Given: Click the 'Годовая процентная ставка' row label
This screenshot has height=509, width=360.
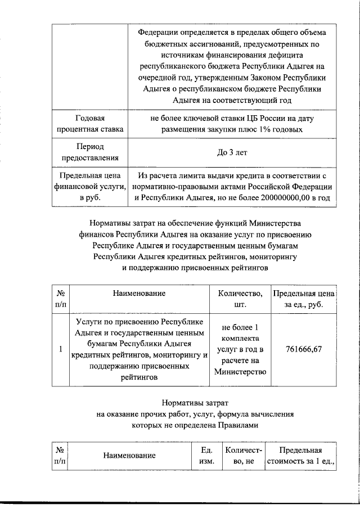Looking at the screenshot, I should [x=90, y=124].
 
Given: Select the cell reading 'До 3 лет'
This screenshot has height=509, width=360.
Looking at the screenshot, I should [x=231, y=152].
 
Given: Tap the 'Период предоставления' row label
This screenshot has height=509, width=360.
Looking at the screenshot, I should [x=90, y=152].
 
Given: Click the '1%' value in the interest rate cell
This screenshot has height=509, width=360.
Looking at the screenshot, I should [x=262, y=130].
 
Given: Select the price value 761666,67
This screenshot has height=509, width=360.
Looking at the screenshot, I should [x=304, y=349].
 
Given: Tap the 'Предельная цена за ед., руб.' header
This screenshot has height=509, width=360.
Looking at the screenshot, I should [x=304, y=299].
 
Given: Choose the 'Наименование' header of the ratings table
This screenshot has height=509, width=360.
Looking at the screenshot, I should [x=139, y=293].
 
